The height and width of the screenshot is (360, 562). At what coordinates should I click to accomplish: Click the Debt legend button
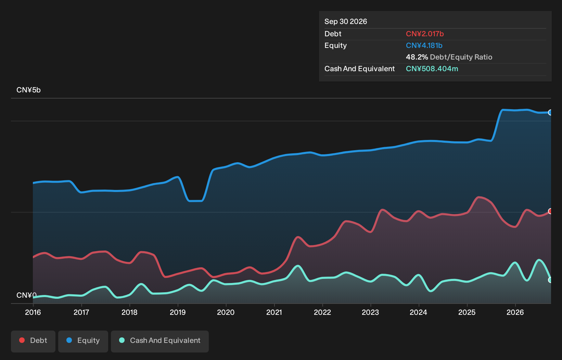pos(33,341)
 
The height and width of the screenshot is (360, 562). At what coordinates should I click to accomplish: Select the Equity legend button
pos(83,341)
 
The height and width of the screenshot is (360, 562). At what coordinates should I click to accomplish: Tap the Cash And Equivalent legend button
pos(159,341)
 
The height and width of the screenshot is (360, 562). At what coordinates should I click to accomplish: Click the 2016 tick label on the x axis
pos(33,312)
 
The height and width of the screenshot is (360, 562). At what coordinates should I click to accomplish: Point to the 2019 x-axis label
pos(178,312)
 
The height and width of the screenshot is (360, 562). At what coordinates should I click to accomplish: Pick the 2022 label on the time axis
pos(322,312)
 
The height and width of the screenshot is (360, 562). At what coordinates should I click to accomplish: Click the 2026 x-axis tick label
pos(515,312)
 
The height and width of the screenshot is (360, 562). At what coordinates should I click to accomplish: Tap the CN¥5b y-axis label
pos(29,90)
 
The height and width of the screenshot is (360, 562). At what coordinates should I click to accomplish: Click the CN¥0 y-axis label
pos(26,295)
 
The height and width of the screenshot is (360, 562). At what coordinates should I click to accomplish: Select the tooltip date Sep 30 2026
pos(345,22)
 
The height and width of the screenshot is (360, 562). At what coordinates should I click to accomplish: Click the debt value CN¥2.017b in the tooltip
pos(425,34)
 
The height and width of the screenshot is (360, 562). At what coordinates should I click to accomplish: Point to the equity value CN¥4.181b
pos(424,46)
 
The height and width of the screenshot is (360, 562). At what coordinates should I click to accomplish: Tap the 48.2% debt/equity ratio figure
pos(417,57)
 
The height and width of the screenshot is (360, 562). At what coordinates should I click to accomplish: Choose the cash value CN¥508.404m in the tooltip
pos(432,69)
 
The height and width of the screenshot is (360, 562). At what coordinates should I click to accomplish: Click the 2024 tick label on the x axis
pos(419,312)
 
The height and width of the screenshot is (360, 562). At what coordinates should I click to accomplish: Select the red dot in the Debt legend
pos(22,340)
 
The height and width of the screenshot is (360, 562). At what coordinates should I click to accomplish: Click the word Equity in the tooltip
pos(335,46)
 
